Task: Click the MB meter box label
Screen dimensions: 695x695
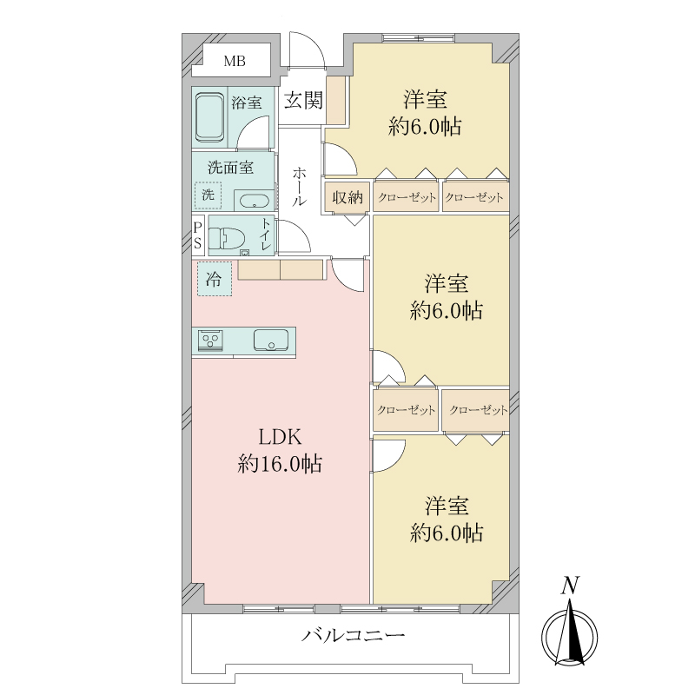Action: point(235,61)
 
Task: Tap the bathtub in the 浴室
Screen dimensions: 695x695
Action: point(209,117)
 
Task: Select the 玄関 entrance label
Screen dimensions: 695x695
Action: point(303,100)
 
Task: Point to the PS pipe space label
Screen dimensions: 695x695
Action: point(198,235)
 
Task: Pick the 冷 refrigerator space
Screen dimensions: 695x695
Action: point(215,279)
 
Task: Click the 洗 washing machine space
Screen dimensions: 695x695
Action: point(208,195)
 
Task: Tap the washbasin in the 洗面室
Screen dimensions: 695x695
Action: point(254,202)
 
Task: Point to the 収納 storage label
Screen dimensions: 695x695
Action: point(347,197)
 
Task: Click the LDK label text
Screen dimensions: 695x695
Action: point(280,437)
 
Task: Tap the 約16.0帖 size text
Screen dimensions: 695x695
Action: point(280,464)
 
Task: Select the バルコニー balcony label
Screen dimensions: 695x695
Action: point(354,636)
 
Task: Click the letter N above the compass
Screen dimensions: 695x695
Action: point(570,585)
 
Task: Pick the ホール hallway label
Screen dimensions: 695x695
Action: point(299,186)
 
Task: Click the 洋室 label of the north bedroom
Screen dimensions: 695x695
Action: point(425,99)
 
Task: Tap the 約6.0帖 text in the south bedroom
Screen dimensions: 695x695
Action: point(447,533)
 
